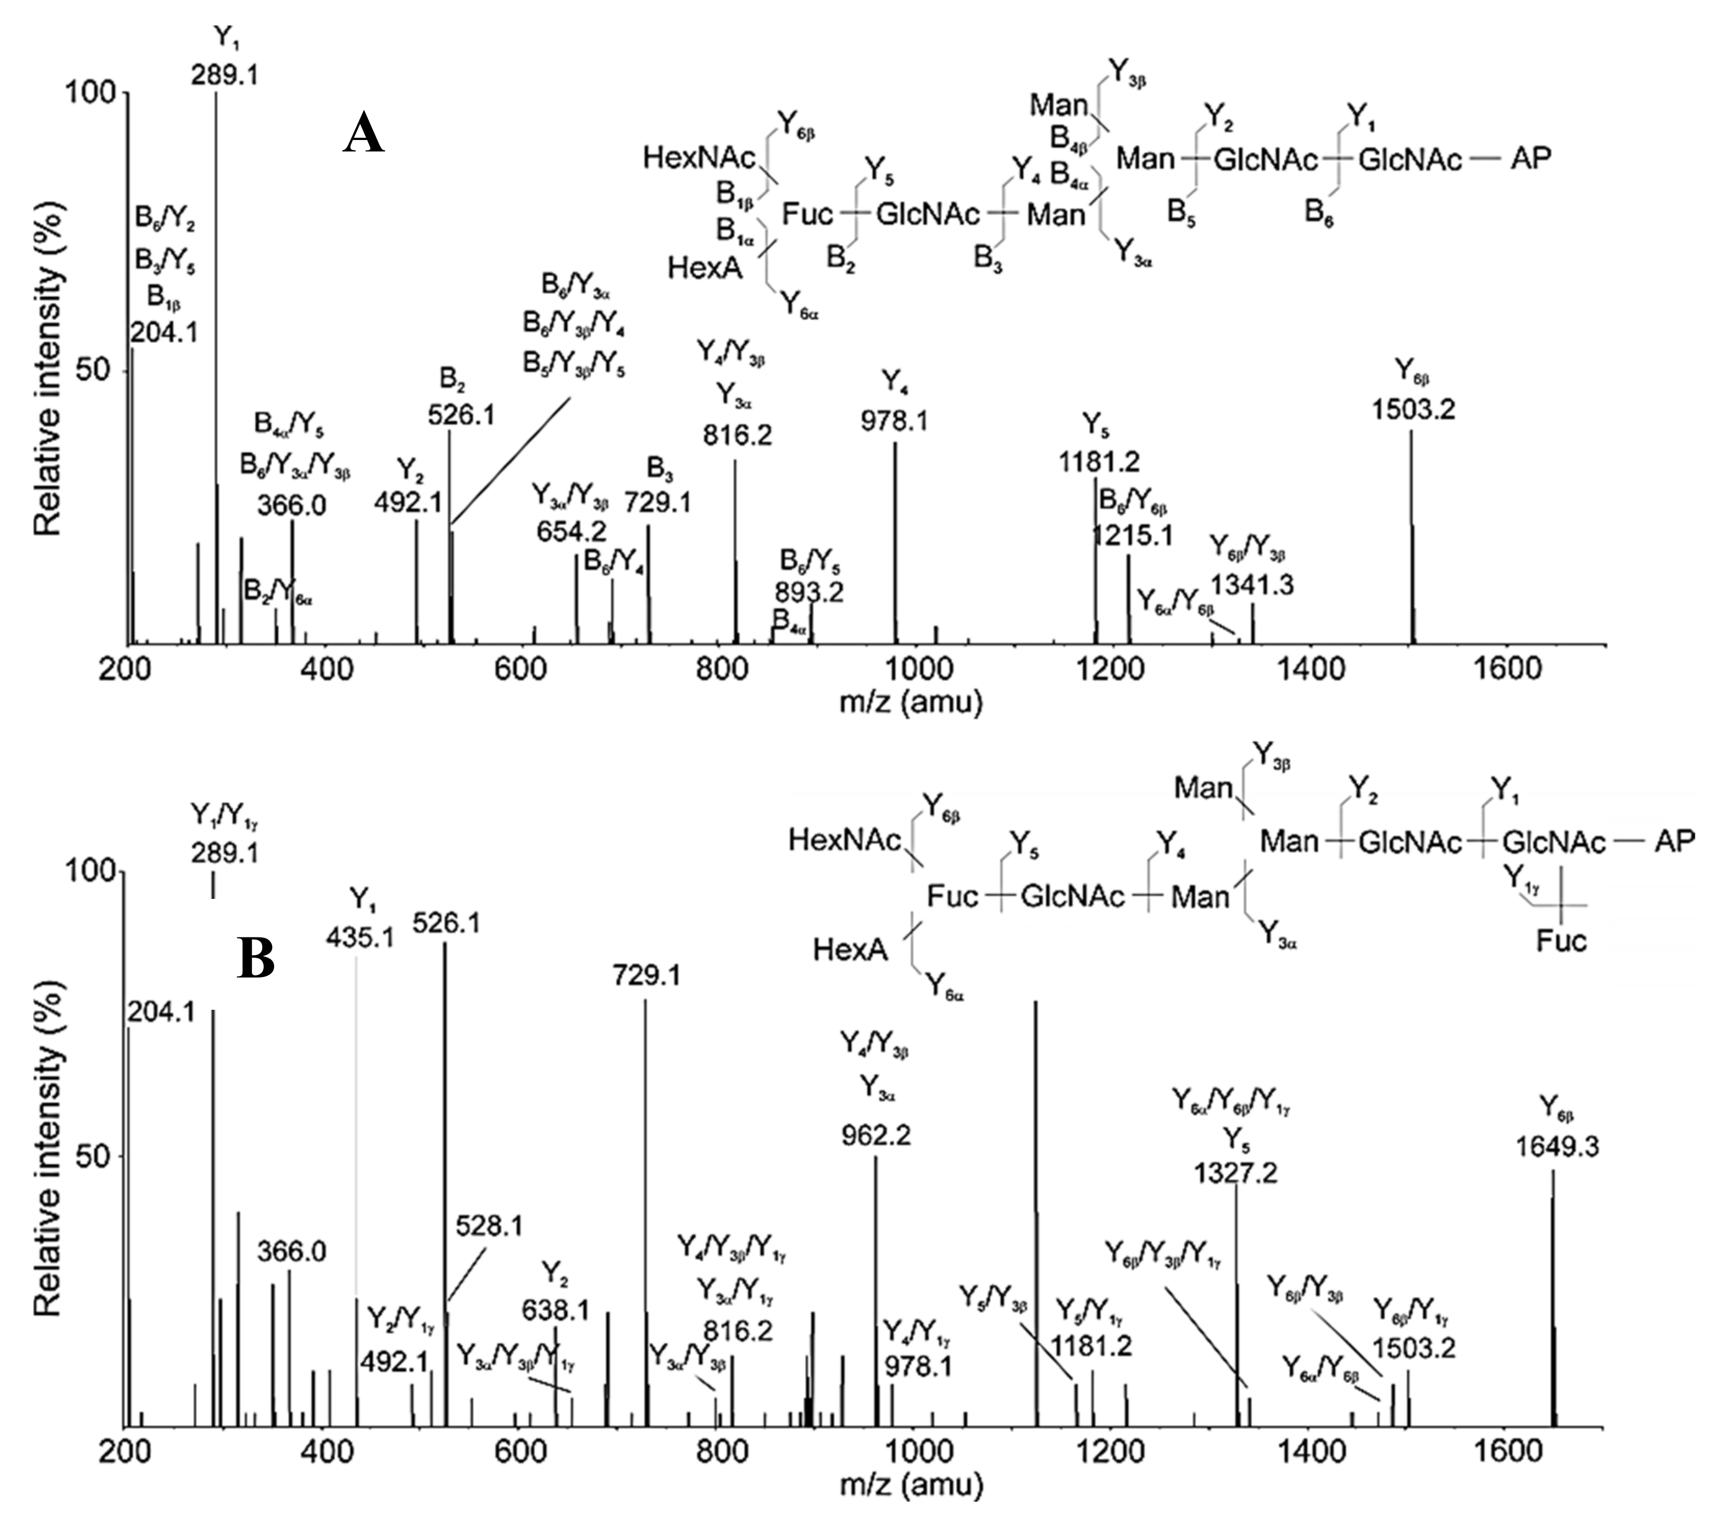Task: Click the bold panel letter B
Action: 256,959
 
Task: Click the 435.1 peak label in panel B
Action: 361,936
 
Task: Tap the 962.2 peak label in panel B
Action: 876,1135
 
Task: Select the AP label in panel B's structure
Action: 1674,842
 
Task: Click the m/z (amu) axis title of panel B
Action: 911,1484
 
